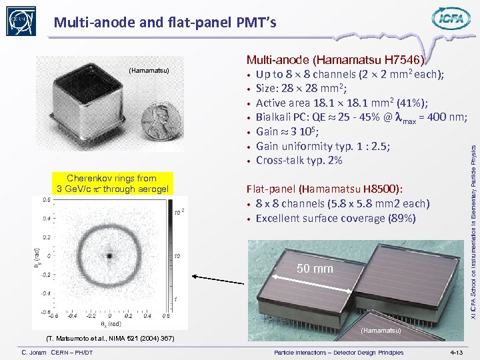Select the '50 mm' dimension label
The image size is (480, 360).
point(315,269)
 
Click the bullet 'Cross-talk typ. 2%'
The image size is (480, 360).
point(299,161)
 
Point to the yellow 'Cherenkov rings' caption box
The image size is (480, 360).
point(112,183)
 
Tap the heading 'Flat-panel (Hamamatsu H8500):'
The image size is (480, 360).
point(325,189)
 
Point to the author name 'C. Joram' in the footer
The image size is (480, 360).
point(38,352)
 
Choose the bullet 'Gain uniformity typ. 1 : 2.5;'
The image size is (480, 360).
point(323,146)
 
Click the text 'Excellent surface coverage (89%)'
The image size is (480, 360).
point(335,218)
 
